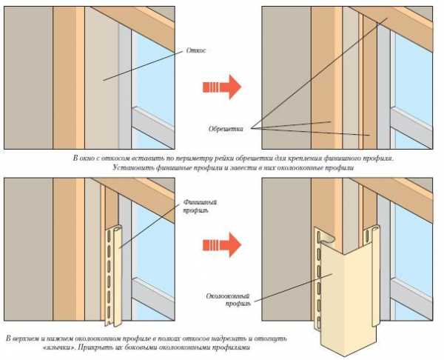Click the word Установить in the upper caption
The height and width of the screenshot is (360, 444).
[135, 169]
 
